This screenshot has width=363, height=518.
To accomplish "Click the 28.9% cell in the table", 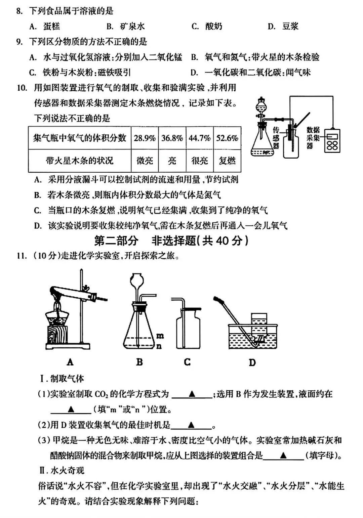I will (x=145, y=138).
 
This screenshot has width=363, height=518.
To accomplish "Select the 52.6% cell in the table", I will (x=227, y=138).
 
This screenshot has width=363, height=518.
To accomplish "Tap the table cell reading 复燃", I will (x=227, y=161).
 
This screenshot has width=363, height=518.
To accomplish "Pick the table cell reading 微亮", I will (x=145, y=161).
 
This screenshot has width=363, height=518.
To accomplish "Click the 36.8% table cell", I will (x=172, y=138).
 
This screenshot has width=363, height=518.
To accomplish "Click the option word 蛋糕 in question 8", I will (x=52, y=26).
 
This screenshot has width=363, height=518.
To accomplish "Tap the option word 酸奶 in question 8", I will (x=214, y=26).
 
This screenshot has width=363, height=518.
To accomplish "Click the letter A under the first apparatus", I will (x=70, y=362).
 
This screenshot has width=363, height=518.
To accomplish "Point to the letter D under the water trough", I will (x=252, y=362).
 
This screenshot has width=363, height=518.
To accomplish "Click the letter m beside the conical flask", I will (x=160, y=336).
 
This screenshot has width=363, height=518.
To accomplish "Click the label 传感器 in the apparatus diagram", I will (x=276, y=138).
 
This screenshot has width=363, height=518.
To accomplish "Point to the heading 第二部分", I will (x=116, y=241).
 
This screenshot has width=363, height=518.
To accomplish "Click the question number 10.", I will (x=22, y=88).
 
